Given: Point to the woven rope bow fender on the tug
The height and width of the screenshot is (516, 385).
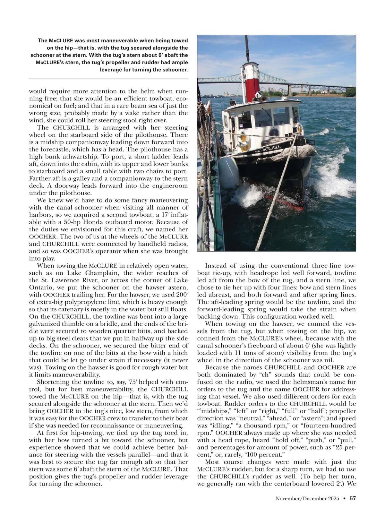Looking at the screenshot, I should coord(295,153).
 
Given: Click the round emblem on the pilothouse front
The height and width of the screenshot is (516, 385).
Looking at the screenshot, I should coord(274,132).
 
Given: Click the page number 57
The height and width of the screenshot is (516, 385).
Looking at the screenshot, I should coord(353,498).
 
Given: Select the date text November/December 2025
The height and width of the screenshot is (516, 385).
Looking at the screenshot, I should coord(307,498).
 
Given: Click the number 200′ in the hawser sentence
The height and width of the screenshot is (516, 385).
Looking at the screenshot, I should coord(181,295).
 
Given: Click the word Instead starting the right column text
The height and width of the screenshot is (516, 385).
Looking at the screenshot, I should coord(216,266).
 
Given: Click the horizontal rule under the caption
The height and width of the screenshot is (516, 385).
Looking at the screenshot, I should coord(108,79).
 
